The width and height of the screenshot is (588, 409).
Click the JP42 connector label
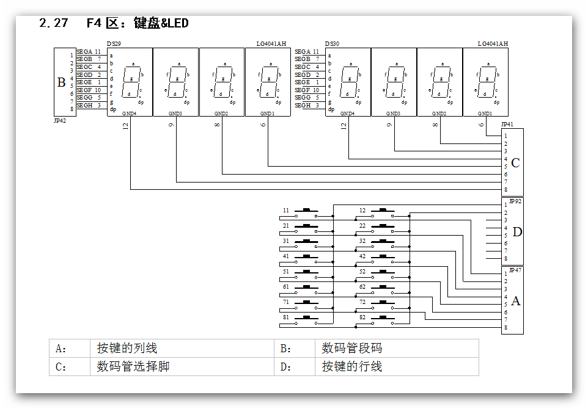(60, 121)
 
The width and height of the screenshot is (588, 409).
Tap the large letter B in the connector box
(61, 82)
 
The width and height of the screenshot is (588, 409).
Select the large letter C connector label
(515, 163)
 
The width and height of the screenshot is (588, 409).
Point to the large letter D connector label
(517, 232)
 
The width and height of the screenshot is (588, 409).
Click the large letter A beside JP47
(516, 301)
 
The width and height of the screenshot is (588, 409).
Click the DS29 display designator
(114, 44)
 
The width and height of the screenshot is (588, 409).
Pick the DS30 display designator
(333, 44)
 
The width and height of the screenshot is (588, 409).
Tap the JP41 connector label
(507, 125)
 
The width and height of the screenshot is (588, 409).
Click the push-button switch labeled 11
(306, 213)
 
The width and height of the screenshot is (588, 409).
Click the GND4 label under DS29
(129, 114)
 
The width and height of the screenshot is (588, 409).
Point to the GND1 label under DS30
(485, 114)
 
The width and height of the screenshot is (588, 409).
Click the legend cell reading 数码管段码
(352, 349)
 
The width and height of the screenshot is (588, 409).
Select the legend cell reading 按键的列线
(127, 349)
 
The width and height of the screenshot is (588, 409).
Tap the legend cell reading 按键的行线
(352, 367)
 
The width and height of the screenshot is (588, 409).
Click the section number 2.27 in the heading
(53, 23)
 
